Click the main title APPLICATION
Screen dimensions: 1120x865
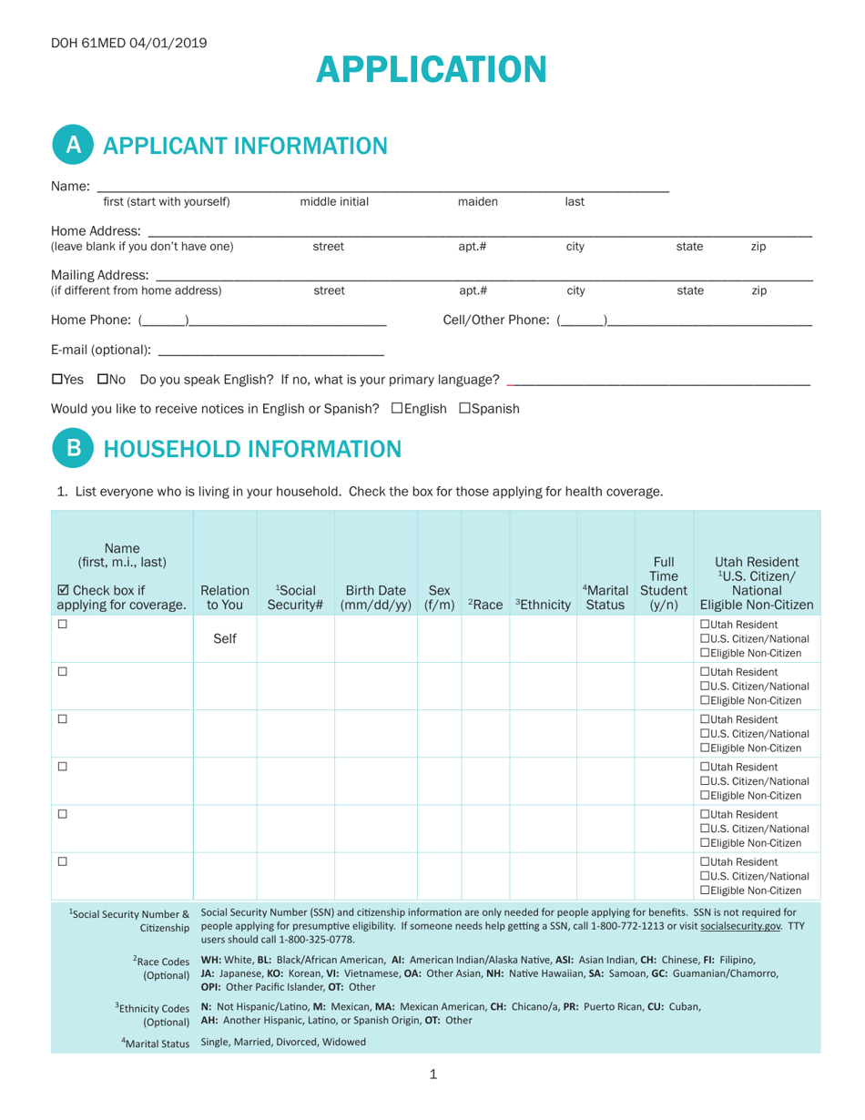432,70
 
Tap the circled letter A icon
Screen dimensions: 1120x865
74,146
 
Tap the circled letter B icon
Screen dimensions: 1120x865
74,449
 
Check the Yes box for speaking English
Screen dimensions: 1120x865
57,379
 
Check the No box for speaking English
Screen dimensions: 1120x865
102,379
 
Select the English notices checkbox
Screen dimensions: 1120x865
396,409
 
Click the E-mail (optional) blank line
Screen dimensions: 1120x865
270,350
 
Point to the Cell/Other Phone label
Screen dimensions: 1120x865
496,320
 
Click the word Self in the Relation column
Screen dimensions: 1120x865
225,639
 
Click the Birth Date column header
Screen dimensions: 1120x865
375,596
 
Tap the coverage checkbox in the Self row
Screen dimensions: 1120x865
63,625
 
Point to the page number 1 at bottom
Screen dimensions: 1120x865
432,1074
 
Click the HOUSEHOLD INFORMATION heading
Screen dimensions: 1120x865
252,449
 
